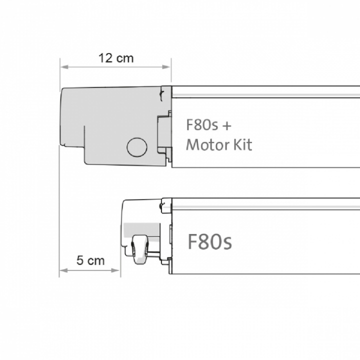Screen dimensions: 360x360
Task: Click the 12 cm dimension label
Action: pyautogui.click(x=116, y=58)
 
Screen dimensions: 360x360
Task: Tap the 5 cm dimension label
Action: pyautogui.click(x=90, y=260)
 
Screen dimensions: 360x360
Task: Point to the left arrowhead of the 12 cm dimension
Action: pyautogui.click(x=64, y=67)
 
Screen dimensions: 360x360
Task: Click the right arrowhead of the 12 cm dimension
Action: pyautogui.click(x=166, y=67)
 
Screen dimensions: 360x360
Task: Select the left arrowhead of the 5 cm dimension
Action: pyautogui.click(x=63, y=270)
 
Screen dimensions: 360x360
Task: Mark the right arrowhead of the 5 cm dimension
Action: pyautogui.click(x=115, y=270)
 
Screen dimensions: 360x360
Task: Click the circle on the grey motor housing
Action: pyautogui.click(x=137, y=147)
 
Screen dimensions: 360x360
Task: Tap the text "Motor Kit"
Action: pyautogui.click(x=219, y=145)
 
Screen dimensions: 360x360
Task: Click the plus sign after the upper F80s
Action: pyautogui.click(x=226, y=126)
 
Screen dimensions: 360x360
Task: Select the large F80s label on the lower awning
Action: pyautogui.click(x=210, y=241)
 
